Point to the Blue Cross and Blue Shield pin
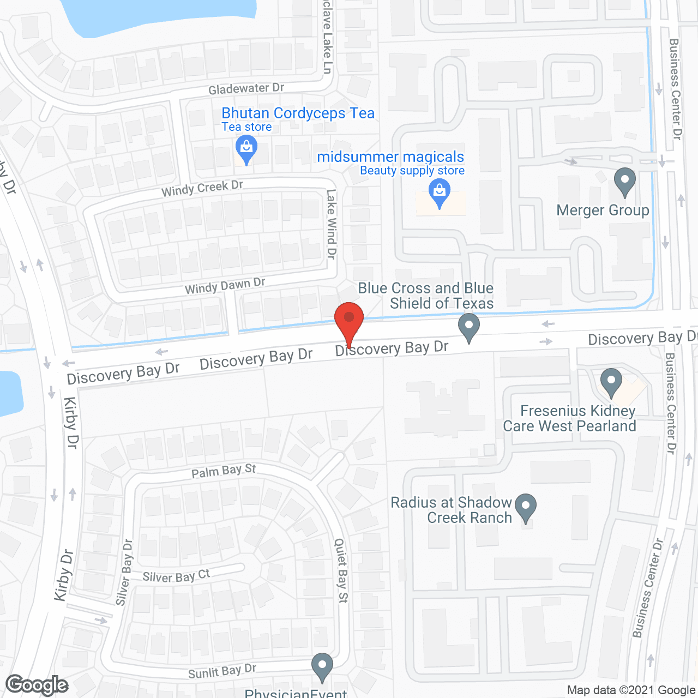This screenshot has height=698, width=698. (469, 327)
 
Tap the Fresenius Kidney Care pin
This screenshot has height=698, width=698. (611, 382)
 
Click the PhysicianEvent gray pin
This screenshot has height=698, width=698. (322, 666)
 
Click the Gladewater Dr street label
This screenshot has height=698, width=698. (246, 88)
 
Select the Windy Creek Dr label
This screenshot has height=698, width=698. (202, 188)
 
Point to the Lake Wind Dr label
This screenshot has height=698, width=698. (331, 224)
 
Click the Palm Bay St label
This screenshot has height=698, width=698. (224, 471)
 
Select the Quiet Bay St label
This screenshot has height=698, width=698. (341, 570)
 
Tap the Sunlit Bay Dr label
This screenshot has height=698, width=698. (222, 672)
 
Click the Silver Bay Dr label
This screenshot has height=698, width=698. (124, 573)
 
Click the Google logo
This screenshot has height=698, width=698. (37, 685)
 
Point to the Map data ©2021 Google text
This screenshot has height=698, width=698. (631, 690)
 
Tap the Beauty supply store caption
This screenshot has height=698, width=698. (412, 171)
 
